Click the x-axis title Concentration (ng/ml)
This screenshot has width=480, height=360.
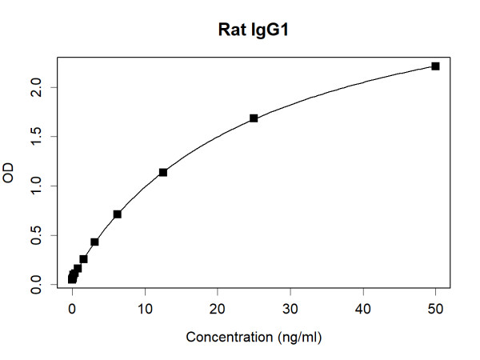(x=254, y=338)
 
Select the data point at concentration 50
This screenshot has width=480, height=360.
(x=435, y=66)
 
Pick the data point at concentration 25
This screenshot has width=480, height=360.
(x=254, y=118)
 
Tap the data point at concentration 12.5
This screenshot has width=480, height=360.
(x=163, y=172)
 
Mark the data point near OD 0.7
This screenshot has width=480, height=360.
(x=118, y=214)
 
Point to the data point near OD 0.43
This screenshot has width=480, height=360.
(x=94, y=242)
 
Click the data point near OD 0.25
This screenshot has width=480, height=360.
(x=83, y=259)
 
